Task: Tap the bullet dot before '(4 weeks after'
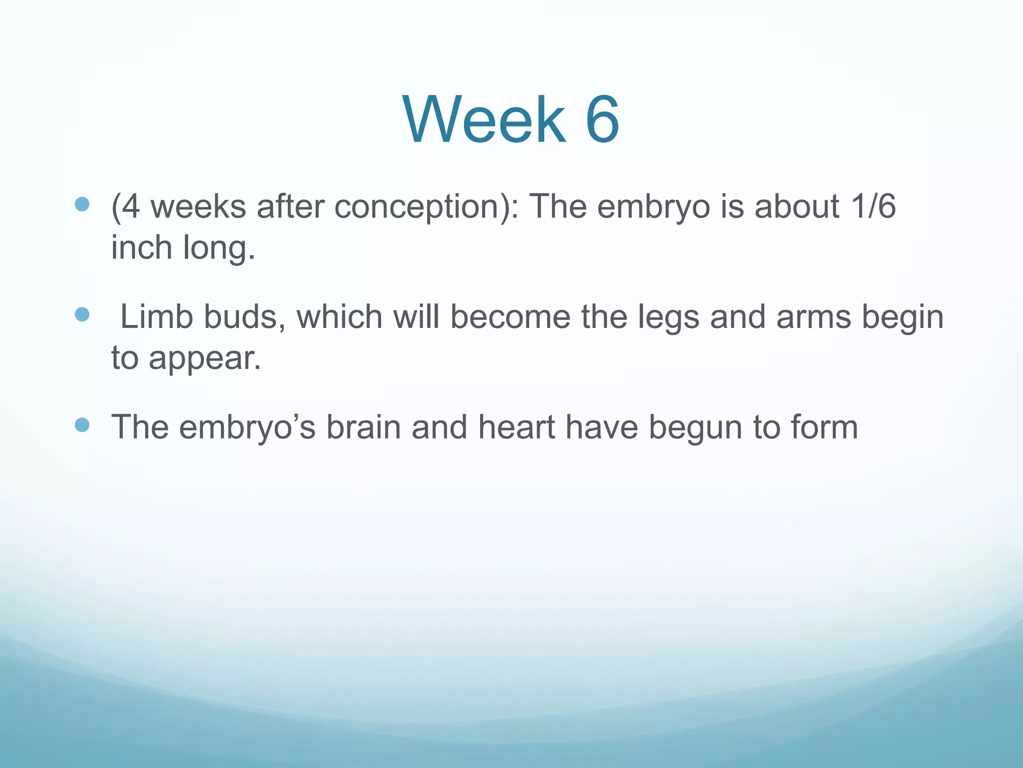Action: (82, 204)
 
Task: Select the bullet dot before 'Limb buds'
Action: (82, 314)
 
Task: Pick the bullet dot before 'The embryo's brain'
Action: (82, 425)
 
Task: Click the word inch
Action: (141, 247)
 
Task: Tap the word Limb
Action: (156, 317)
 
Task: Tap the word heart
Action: (516, 427)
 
